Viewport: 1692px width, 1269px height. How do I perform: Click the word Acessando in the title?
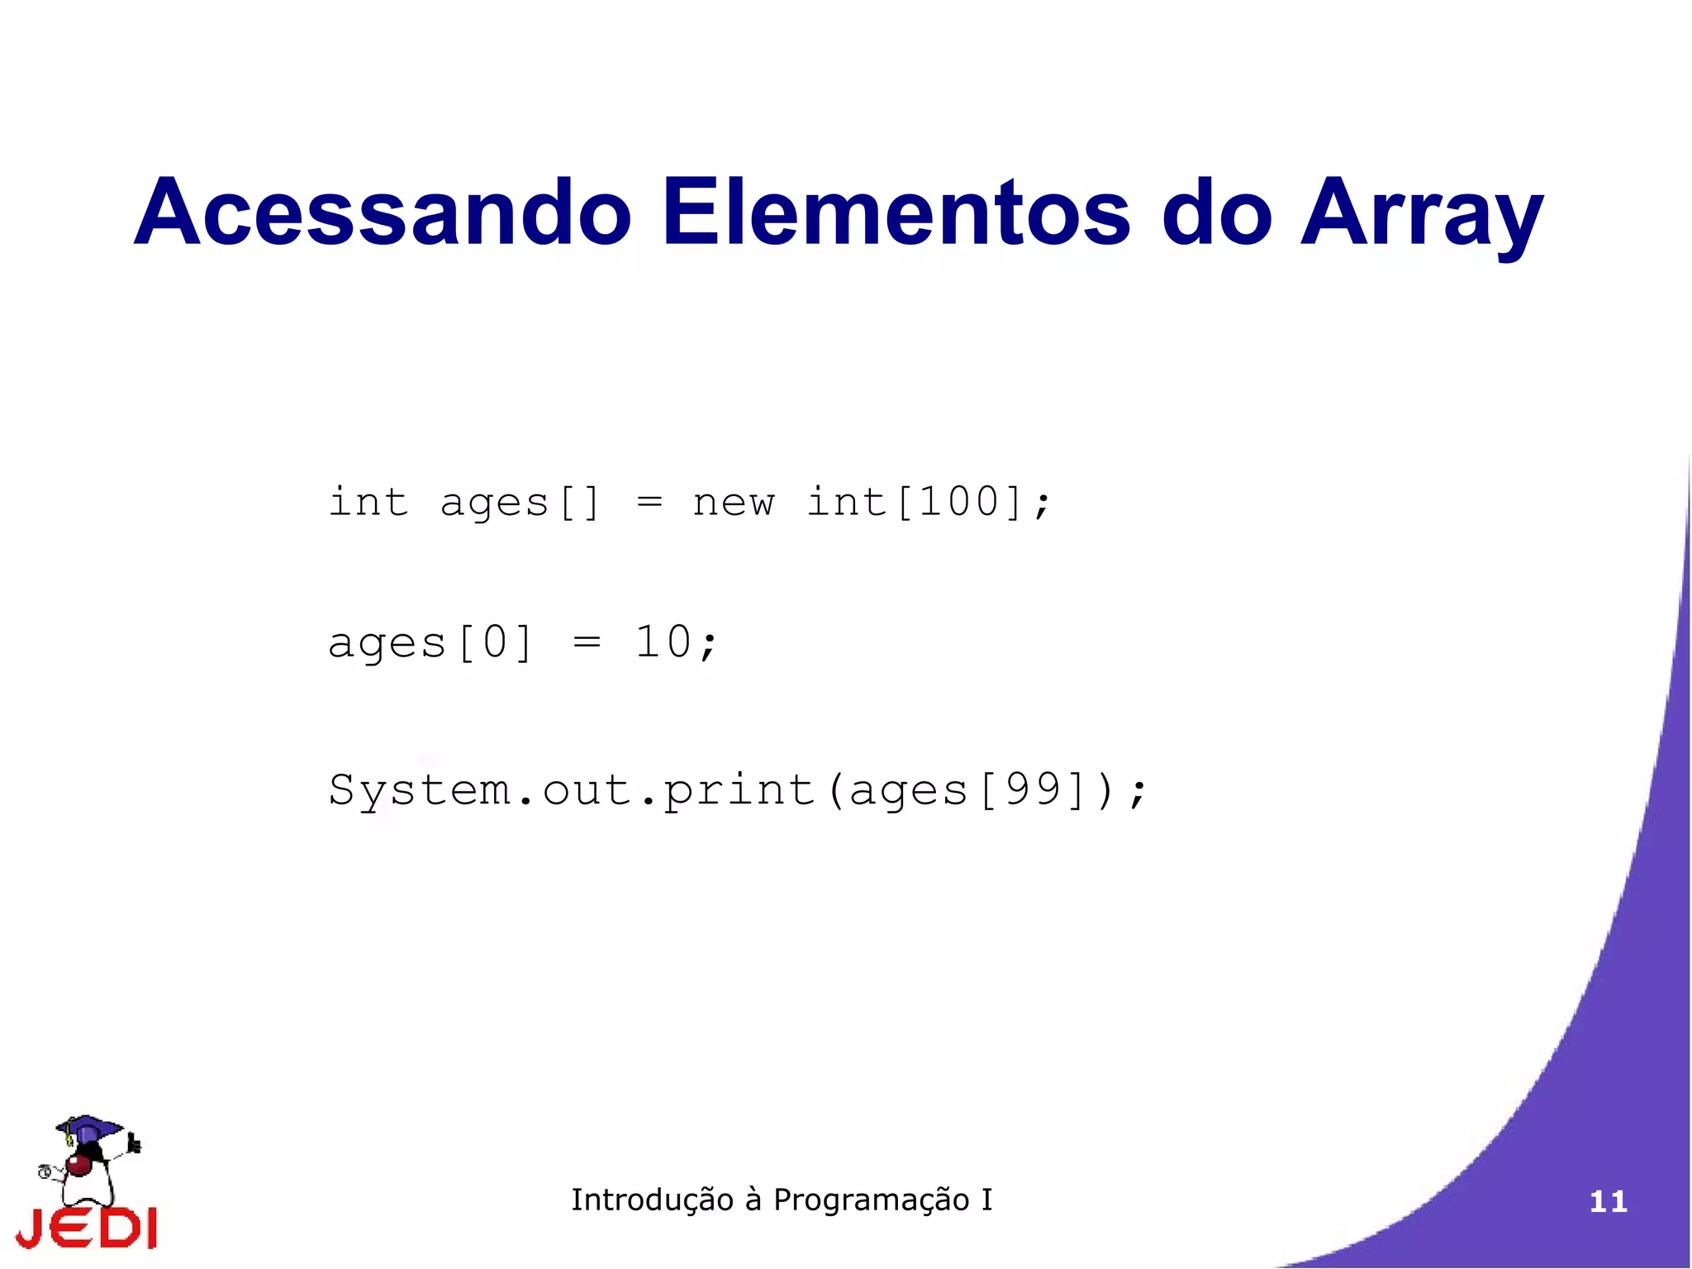pos(383,212)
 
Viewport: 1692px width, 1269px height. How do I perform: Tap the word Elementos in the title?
pos(896,212)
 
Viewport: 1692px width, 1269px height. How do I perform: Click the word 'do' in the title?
pos(1216,212)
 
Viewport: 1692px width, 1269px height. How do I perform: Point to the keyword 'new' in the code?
pos(733,503)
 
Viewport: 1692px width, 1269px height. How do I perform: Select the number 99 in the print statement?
pos(1033,789)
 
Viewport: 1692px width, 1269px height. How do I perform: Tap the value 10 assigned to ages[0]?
pos(663,642)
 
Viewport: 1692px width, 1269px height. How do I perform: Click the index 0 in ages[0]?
pos(495,642)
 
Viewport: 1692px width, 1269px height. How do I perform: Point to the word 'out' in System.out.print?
pos(587,790)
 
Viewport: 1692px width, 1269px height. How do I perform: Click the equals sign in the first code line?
pos(649,501)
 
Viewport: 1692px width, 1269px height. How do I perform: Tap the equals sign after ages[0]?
pos(587,642)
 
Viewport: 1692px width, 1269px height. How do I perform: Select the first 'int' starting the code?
pos(368,501)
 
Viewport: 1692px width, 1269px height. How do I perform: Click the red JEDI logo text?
pos(86,1227)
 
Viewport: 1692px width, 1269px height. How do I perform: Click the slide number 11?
pos(1608,1201)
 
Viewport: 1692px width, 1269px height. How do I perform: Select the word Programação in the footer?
pos(871,1200)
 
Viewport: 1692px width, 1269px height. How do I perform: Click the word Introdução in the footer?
pos(652,1200)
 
